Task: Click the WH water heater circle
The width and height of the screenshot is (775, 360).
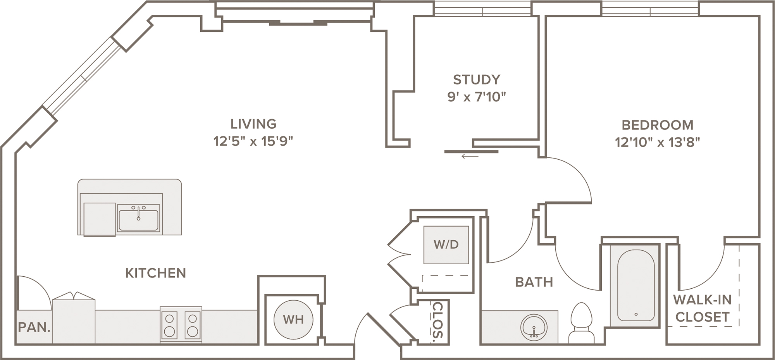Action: pos(293,320)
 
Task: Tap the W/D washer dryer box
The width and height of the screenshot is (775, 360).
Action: pos(446,245)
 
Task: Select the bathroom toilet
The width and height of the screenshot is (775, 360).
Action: pos(582,323)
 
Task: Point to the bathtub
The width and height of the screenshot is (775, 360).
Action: pos(636,286)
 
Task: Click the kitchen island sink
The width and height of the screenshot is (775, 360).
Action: pos(138,219)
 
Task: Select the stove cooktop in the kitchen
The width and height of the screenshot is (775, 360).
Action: pos(181,325)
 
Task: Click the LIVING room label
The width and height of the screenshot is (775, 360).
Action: pos(253,124)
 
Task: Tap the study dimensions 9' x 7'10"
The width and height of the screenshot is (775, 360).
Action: pos(477,97)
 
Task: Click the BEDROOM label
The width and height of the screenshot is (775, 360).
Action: pos(658,125)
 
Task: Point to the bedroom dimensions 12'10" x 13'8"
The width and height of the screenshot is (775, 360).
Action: pos(658,142)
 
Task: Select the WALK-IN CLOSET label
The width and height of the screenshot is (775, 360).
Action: pos(702,308)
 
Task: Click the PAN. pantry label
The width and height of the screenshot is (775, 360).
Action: pos(34,327)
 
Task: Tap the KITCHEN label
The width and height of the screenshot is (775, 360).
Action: pos(156,273)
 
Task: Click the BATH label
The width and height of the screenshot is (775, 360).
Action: pos(534,282)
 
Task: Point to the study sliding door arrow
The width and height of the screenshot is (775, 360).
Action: pos(470,157)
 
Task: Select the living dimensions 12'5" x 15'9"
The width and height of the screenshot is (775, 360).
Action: pos(253,141)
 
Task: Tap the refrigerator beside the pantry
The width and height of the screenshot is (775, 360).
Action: pos(74,318)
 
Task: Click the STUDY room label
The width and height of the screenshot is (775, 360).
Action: pos(477,80)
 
